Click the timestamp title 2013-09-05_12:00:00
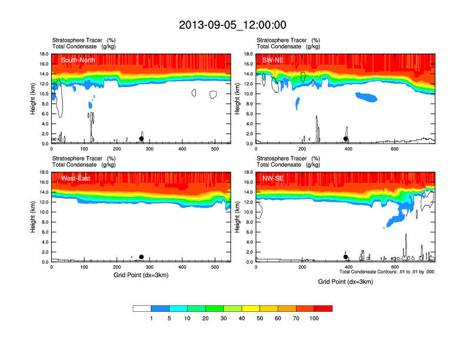232,25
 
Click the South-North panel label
78,60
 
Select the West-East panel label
76,178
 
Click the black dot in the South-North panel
141,139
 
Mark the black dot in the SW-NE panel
346,139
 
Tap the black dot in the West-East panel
141,257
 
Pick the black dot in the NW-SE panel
346,257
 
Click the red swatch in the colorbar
323,308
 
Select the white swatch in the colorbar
142,308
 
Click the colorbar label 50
259,318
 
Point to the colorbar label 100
314,318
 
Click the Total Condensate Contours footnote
387,272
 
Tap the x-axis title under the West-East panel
141,275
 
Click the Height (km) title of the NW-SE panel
238,217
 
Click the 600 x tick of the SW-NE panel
394,148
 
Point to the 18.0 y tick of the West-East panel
44,172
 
